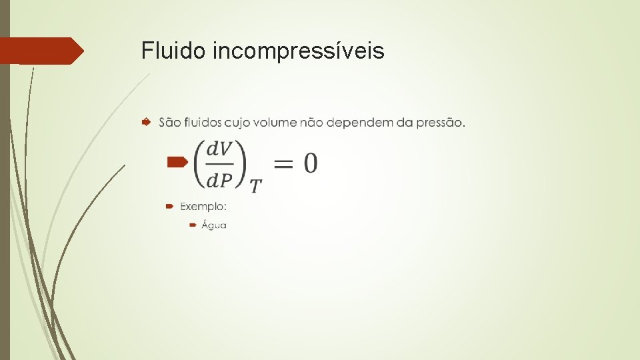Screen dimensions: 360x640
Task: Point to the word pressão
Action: [440, 123]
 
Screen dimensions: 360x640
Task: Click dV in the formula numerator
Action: [219, 149]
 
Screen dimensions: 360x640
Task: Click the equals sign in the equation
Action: [283, 163]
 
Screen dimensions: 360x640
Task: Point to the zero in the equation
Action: [311, 163]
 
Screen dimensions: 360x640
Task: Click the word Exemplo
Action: [203, 206]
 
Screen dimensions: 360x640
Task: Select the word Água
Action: [214, 225]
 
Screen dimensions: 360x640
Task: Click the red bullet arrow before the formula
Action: [177, 161]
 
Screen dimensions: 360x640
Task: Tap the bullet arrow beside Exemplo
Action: [171, 206]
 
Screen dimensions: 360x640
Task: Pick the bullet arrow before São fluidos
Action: [146, 122]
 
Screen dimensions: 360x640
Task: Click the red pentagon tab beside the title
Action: [40, 51]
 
